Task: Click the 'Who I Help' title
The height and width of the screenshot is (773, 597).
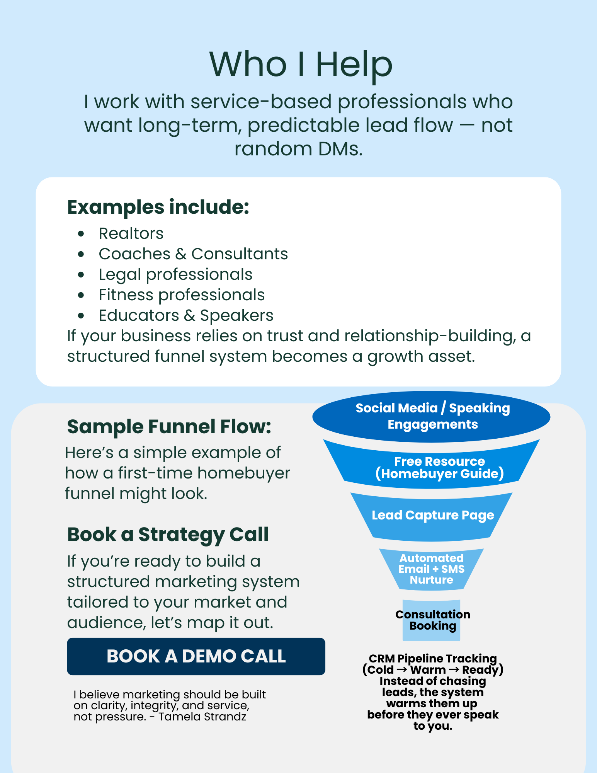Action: (x=301, y=64)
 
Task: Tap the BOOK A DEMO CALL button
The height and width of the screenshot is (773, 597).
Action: (x=196, y=656)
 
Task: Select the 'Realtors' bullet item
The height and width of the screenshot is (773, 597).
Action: (x=131, y=233)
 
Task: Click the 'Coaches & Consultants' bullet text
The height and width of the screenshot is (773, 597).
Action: (x=193, y=254)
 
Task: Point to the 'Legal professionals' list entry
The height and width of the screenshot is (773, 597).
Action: (x=175, y=274)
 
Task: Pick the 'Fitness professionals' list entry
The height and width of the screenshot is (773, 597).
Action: (x=182, y=295)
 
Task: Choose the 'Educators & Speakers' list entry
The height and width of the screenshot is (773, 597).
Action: (x=186, y=315)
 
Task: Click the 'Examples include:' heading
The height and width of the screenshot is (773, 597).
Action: (x=158, y=207)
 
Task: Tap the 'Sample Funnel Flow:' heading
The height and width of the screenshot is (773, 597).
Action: (x=169, y=427)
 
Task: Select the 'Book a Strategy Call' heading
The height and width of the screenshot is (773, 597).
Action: (x=168, y=535)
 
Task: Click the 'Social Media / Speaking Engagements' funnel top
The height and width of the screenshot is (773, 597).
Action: (x=432, y=416)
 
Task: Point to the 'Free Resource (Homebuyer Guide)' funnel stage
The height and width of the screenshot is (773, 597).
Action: (x=439, y=467)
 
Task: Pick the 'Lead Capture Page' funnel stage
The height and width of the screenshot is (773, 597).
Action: (x=433, y=515)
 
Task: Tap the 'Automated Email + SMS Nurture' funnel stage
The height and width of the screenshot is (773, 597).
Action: (x=431, y=569)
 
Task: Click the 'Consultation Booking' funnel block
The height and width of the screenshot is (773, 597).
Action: (x=432, y=620)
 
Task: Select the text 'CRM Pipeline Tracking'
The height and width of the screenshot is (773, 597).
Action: (x=433, y=658)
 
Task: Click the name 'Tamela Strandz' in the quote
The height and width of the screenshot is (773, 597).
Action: (x=202, y=717)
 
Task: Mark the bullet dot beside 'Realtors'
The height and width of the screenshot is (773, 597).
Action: (x=81, y=233)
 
